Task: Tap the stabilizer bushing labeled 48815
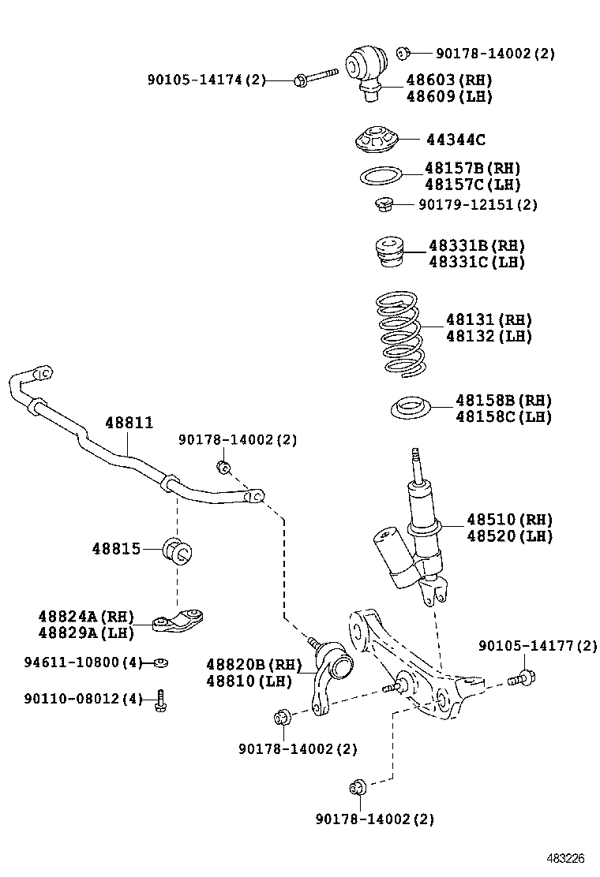click(x=178, y=550)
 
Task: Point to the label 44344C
click(x=456, y=140)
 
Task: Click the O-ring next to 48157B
click(x=381, y=175)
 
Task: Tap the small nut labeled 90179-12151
click(x=384, y=205)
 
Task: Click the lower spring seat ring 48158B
click(x=410, y=409)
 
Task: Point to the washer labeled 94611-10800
click(x=160, y=662)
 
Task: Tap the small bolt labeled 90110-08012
click(x=160, y=699)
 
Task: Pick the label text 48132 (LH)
click(x=488, y=337)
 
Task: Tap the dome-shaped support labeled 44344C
click(x=377, y=140)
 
